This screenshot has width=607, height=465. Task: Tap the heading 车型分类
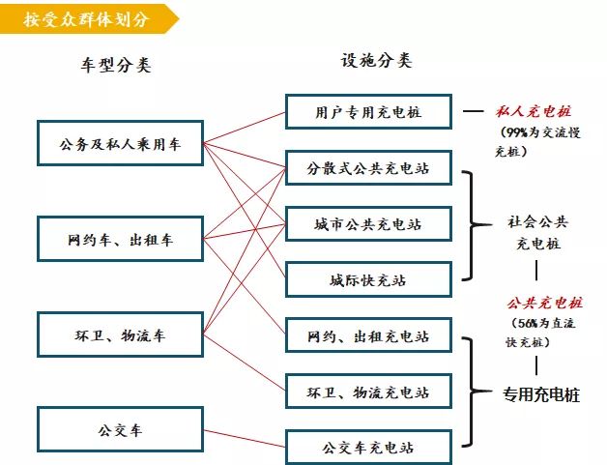[116, 65]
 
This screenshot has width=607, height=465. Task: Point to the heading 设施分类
[376, 60]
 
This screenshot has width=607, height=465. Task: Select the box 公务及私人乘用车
[121, 143]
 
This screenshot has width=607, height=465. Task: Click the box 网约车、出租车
[121, 239]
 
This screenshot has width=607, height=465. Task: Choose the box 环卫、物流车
[121, 334]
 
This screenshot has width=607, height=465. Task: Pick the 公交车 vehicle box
[121, 429]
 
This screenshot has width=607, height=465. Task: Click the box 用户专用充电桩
[368, 111]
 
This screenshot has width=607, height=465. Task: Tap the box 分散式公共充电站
[368, 167]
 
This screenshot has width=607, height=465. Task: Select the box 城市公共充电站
[368, 223]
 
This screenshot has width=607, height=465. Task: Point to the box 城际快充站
[368, 279]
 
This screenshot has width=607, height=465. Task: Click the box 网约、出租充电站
[368, 335]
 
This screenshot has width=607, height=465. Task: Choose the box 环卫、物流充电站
[368, 392]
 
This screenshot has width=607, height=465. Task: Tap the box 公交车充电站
[368, 447]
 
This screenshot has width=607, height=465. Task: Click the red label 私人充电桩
[534, 111]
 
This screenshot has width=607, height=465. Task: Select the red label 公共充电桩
[545, 303]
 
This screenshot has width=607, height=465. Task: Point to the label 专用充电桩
[541, 394]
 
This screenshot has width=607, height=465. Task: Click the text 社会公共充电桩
[537, 232]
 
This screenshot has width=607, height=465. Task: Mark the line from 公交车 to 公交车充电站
[245, 438]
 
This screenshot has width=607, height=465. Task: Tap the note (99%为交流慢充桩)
[538, 141]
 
